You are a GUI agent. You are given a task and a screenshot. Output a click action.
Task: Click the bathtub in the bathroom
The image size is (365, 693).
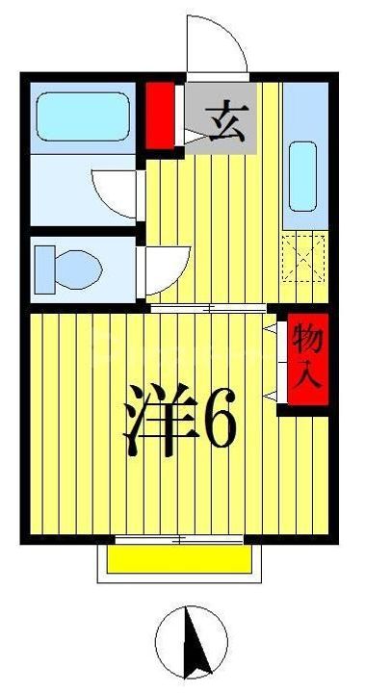coord(82,117)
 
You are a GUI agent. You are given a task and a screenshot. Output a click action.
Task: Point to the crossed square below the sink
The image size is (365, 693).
coord(303,256)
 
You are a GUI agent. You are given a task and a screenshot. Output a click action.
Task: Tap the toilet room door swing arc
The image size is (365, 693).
coord(159,265)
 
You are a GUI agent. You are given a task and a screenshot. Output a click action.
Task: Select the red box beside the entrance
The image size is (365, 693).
coord(160,115)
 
